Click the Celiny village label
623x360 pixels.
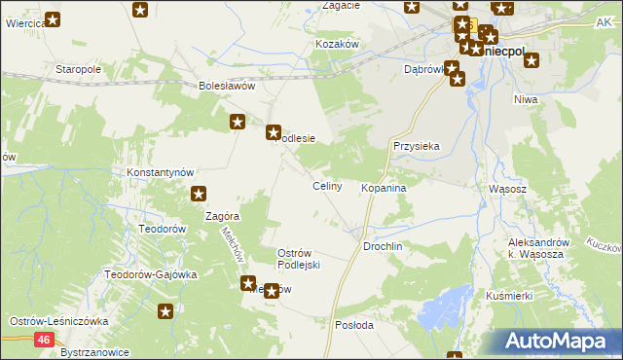(326, 186)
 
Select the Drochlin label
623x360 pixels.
(383, 247)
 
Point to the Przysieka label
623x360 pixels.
(417, 146)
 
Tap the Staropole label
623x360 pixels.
(79, 71)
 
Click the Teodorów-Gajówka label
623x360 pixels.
(151, 274)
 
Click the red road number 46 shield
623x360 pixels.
(45, 340)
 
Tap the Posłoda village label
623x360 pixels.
(353, 325)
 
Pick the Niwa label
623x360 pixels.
(527, 99)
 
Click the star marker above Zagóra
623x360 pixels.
(199, 195)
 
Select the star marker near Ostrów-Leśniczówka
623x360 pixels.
(166, 312)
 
